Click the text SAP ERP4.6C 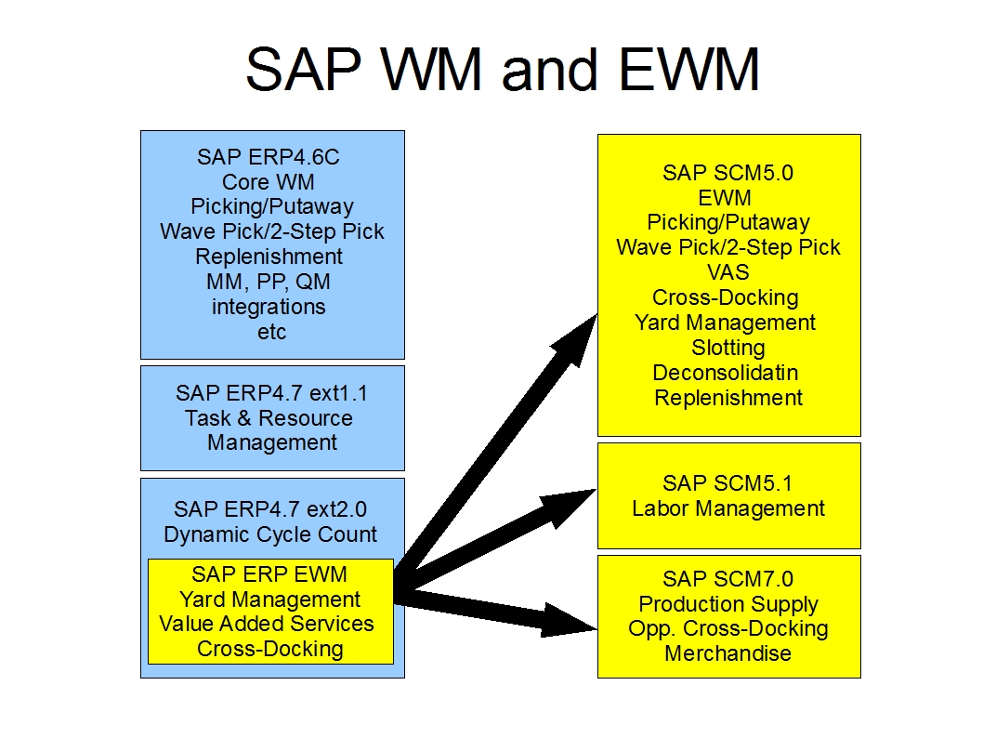click(268, 157)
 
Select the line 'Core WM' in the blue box click(268, 182)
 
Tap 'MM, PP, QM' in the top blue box click(268, 282)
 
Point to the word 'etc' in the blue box click(271, 332)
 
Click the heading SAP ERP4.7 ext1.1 click(271, 393)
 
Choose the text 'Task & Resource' click(269, 418)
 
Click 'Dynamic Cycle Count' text click(270, 534)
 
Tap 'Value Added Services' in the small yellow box click(267, 624)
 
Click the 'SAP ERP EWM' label click(269, 574)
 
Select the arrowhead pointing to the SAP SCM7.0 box click(568, 620)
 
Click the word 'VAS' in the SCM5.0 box click(727, 272)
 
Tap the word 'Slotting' click(727, 348)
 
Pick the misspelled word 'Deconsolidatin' click(725, 373)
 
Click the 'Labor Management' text click(727, 508)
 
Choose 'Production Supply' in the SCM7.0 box click(727, 604)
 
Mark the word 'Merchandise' click(727, 653)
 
